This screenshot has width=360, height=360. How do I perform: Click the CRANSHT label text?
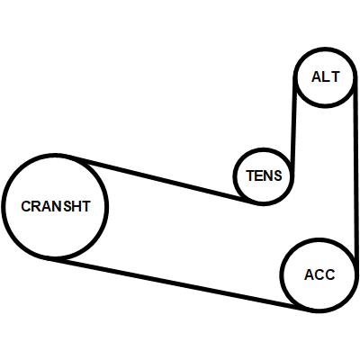click(56, 206)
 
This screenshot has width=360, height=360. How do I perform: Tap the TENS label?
click(264, 175)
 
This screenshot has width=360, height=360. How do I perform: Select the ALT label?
click(326, 76)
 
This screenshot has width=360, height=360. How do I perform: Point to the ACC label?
click(319, 274)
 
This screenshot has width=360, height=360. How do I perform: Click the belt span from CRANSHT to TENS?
click(164, 179)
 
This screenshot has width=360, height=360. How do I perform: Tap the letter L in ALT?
click(327, 76)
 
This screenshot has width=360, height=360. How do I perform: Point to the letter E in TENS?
click(259, 175)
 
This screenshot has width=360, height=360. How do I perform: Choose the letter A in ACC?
click(310, 274)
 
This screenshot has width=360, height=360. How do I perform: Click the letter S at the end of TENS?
click(278, 175)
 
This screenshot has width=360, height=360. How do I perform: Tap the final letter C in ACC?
click(330, 274)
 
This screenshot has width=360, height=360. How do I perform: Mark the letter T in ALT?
click(336, 76)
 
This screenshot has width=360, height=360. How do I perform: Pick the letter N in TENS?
click(268, 175)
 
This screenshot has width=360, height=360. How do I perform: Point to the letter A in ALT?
click(317, 76)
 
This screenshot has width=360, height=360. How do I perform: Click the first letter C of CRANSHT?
click(26, 206)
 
